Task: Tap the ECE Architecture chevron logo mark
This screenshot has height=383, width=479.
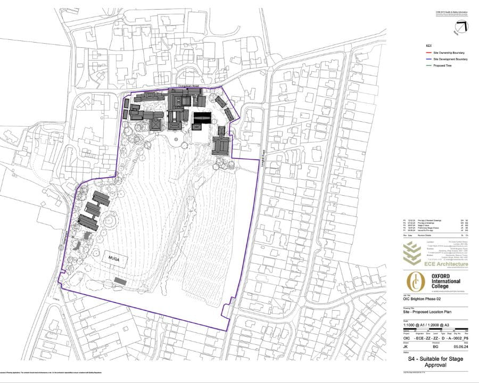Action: click(x=414, y=253)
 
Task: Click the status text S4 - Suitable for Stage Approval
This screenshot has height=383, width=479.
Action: click(x=435, y=363)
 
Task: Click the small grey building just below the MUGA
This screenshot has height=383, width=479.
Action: click(x=121, y=280)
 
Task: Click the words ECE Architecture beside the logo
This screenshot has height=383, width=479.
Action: click(x=447, y=264)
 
